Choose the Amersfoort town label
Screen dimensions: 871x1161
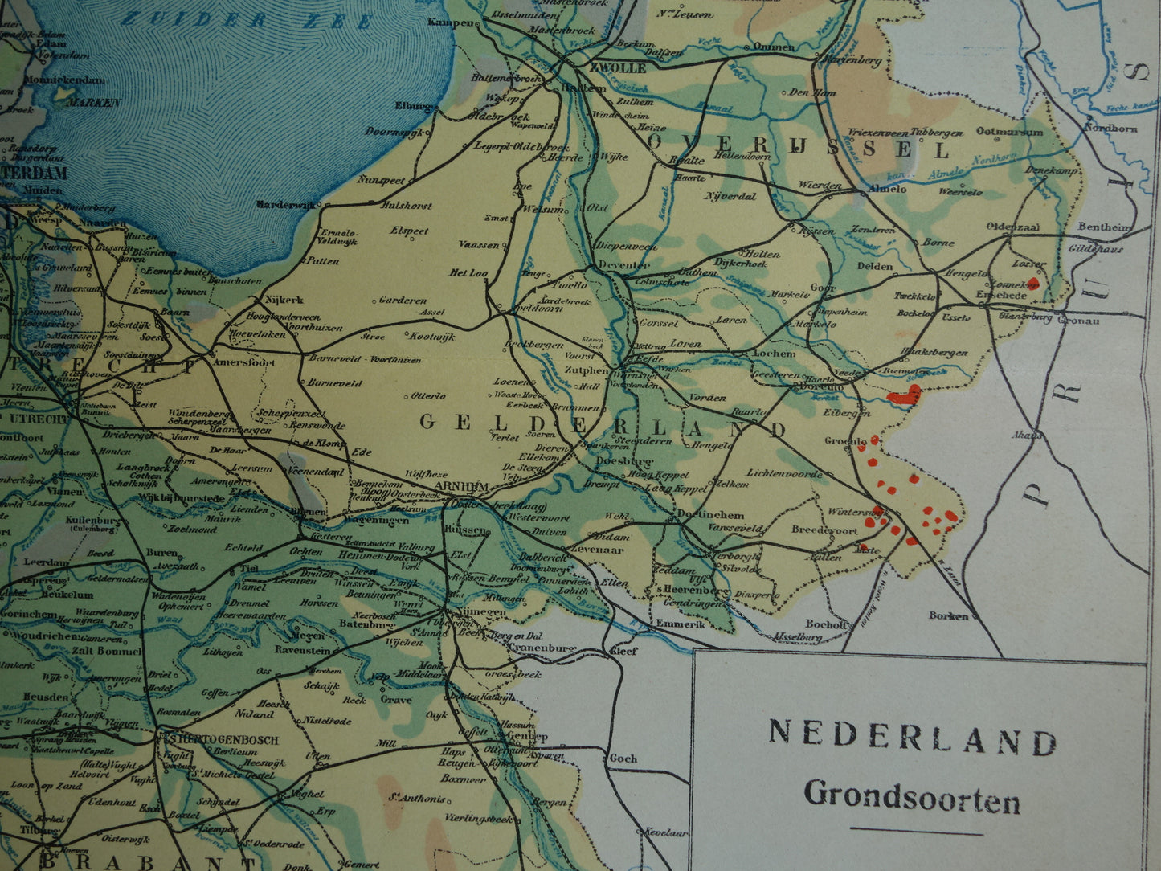tap(244, 362)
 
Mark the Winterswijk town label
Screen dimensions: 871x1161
tap(850, 512)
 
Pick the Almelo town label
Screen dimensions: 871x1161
tap(887, 189)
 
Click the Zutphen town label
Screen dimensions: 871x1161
tap(585, 370)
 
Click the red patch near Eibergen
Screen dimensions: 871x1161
tap(905, 395)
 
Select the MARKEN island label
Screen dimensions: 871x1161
tap(94, 103)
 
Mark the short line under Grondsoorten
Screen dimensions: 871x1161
tap(916, 831)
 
